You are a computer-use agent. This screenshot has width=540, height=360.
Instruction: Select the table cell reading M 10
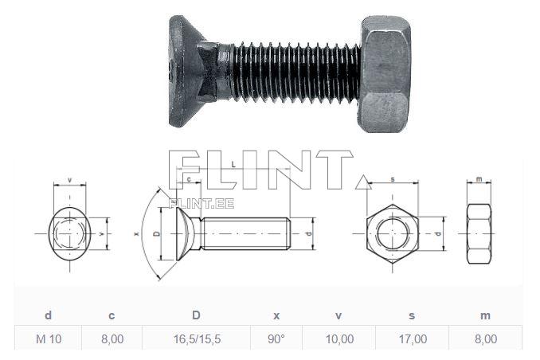[49, 339]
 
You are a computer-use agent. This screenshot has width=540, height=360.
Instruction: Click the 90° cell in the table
[276, 339]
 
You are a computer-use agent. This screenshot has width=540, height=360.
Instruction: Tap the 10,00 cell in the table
[339, 339]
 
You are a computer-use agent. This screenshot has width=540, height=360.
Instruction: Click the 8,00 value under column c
[112, 339]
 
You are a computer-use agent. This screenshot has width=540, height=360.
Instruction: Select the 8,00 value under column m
[484, 339]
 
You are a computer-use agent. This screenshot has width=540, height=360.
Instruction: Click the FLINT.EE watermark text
[202, 203]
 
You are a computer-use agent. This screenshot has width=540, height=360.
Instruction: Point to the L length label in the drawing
[232, 164]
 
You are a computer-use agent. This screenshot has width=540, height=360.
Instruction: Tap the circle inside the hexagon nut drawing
[393, 234]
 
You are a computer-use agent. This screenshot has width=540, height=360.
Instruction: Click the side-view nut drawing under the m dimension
[479, 234]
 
